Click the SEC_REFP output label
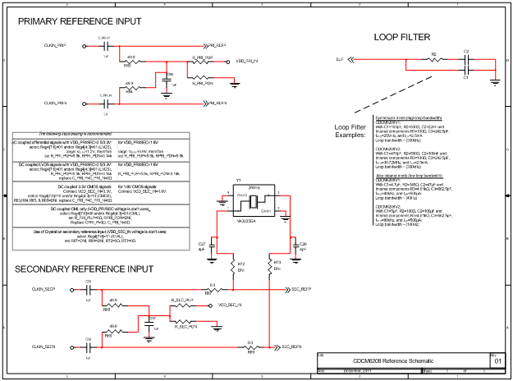click(x=297, y=290)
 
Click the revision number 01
click(x=497, y=360)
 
